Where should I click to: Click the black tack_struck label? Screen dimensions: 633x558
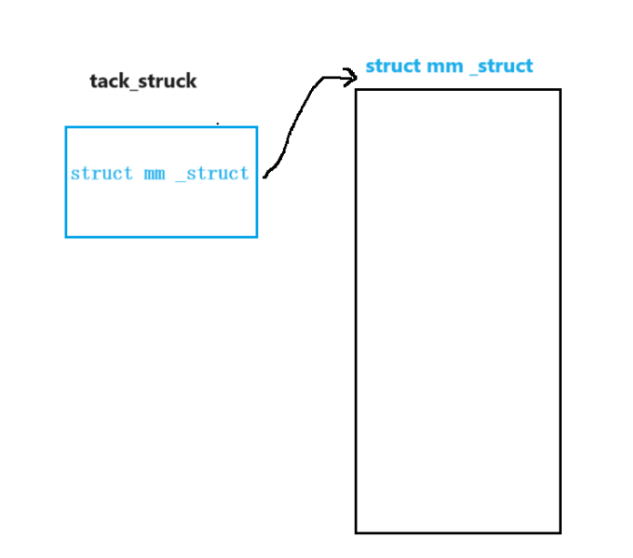(143, 81)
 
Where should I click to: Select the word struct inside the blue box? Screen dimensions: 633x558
(101, 173)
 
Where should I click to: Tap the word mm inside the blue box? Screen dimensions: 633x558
(155, 173)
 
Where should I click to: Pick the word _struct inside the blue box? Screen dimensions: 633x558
(211, 173)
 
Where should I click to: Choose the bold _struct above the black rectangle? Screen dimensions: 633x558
(501, 66)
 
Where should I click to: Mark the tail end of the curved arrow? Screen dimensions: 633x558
(265, 176)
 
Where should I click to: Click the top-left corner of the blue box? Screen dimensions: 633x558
(66, 127)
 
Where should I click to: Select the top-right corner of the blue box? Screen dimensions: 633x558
(256, 127)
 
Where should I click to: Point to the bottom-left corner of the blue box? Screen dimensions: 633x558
(66, 237)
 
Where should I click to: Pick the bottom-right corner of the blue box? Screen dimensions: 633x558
(256, 237)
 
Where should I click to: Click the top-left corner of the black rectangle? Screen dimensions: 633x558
(356, 90)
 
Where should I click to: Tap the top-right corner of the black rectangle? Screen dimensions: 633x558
(560, 90)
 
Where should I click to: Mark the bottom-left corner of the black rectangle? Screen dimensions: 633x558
(356, 533)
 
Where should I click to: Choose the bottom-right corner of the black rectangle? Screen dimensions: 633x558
(560, 533)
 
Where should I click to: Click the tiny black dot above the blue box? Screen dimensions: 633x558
(217, 122)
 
